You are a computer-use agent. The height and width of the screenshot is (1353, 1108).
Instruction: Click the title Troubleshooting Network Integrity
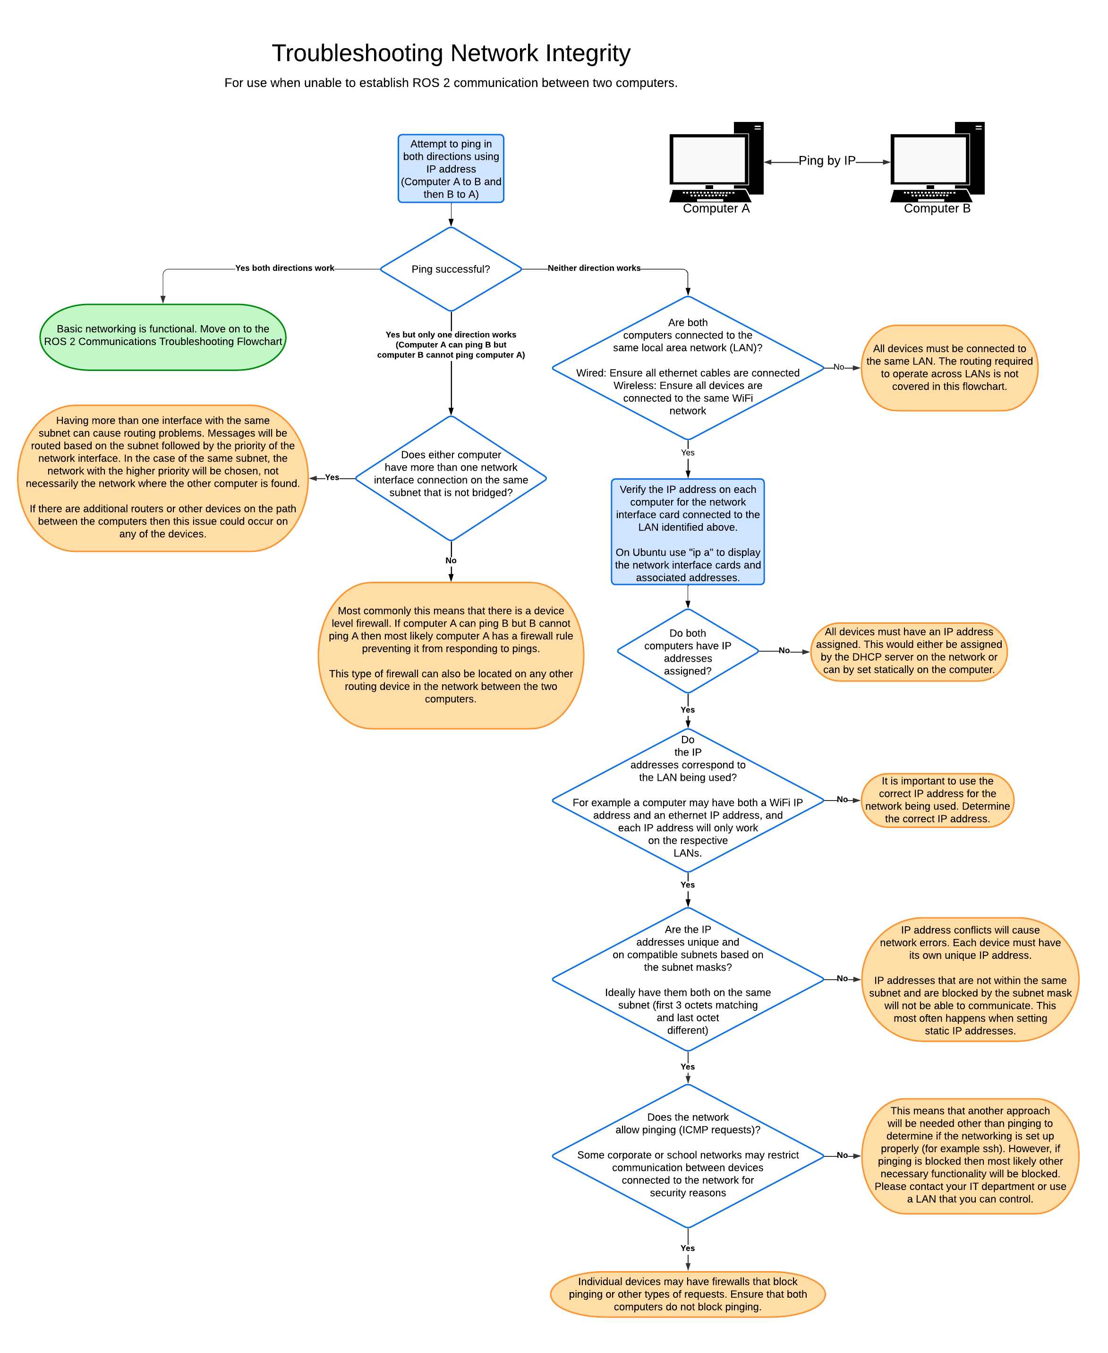[451, 53]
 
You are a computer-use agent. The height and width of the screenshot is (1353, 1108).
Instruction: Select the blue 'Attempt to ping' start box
[451, 169]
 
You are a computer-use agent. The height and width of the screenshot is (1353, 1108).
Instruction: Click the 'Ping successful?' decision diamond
[451, 269]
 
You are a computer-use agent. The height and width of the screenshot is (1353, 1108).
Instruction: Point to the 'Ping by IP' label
[827, 161]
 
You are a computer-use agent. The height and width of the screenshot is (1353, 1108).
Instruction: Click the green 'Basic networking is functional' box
[163, 336]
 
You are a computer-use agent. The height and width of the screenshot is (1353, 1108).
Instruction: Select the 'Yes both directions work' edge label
[285, 268]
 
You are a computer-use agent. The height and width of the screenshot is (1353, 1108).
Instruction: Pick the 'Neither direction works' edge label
[594, 268]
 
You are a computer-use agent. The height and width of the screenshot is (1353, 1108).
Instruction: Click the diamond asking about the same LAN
[687, 367]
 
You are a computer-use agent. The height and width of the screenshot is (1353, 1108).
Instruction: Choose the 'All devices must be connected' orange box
[949, 368]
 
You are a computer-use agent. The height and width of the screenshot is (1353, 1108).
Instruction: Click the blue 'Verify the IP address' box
[687, 532]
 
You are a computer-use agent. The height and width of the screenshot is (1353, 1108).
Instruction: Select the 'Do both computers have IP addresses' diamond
[687, 651]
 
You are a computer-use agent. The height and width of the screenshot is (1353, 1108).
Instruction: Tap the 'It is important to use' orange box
[937, 800]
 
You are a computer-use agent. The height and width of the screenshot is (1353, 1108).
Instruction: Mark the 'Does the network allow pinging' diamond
[687, 1155]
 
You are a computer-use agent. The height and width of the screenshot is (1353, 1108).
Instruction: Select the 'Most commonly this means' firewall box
[451, 655]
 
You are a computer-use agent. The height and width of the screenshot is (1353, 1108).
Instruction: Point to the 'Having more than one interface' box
[163, 478]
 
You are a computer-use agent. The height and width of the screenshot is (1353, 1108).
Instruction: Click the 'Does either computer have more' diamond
[451, 478]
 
